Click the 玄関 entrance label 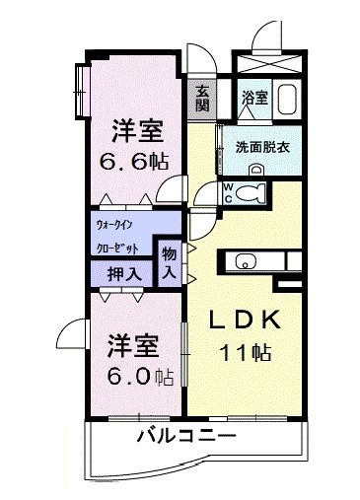point(202,99)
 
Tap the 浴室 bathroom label point(253,97)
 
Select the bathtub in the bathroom point(288,101)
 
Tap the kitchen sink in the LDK point(247,261)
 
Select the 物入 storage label point(170,263)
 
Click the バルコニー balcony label point(186,435)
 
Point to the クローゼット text point(123,248)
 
